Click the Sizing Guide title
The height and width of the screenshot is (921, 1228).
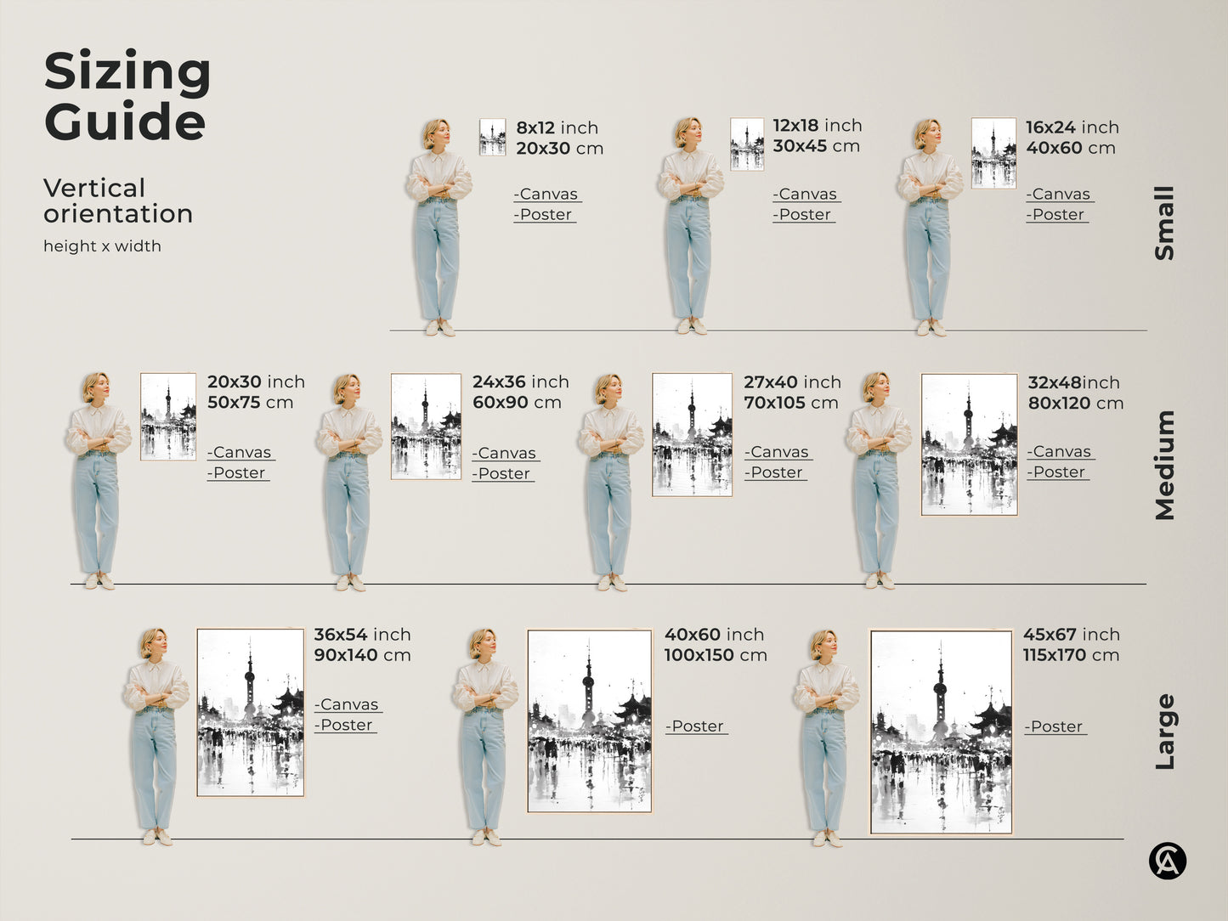coord(127,95)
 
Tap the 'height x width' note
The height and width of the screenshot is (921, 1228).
coord(102,246)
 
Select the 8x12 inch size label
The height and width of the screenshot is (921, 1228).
coord(557,127)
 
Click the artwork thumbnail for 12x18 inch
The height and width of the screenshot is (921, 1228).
coord(747,144)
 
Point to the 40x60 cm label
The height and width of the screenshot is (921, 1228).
coord(1070,148)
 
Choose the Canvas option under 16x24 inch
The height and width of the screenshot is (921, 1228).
coord(1059,195)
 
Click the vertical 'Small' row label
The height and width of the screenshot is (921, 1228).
coord(1164,223)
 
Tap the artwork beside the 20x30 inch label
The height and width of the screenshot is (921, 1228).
coord(168,416)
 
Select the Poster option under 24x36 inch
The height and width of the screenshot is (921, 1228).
coord(503,473)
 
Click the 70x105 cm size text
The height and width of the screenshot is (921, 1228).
coord(790,403)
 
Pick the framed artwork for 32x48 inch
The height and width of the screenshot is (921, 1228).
coord(969,444)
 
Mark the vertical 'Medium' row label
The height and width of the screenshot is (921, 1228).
coord(1164,465)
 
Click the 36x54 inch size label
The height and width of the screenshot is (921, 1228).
coord(362,635)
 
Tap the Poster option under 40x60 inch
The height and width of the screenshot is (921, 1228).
coord(696,726)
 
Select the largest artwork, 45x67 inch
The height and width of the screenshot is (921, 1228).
coord(941,732)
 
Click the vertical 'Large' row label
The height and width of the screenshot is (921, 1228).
coord(1164,732)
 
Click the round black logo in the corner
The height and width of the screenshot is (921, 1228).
coord(1167,862)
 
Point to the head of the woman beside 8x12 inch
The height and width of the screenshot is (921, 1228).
coord(436,133)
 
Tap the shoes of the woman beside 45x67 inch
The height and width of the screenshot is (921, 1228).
coord(825,839)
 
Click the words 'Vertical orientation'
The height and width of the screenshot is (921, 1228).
coord(118,201)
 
